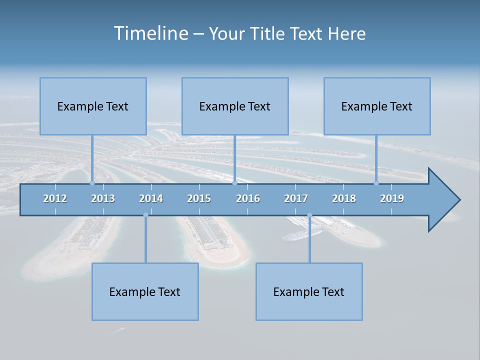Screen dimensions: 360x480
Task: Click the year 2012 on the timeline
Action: click(55, 198)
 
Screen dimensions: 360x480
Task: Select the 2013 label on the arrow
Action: click(103, 198)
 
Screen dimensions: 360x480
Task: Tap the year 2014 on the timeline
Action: click(151, 198)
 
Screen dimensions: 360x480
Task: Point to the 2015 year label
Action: click(199, 198)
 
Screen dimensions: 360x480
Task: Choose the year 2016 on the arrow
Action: click(248, 198)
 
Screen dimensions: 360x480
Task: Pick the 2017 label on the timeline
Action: click(296, 198)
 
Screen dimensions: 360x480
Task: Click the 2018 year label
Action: click(344, 198)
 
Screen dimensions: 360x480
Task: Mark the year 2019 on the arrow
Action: click(392, 198)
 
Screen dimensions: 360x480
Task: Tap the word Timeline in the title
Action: click(150, 33)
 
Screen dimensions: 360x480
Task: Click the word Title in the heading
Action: click(268, 34)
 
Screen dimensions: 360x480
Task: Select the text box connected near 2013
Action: click(93, 106)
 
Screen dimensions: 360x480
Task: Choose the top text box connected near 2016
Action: click(235, 106)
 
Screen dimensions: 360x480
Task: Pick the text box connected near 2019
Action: click(377, 106)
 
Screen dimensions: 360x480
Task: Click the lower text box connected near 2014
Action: click(145, 291)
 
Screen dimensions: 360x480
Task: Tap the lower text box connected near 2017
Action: click(309, 291)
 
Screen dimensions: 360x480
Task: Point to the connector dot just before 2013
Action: click(92, 183)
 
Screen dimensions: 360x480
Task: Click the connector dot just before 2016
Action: click(235, 183)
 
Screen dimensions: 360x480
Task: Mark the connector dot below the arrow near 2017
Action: click(309, 215)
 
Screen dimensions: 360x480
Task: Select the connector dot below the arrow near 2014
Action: click(145, 215)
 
